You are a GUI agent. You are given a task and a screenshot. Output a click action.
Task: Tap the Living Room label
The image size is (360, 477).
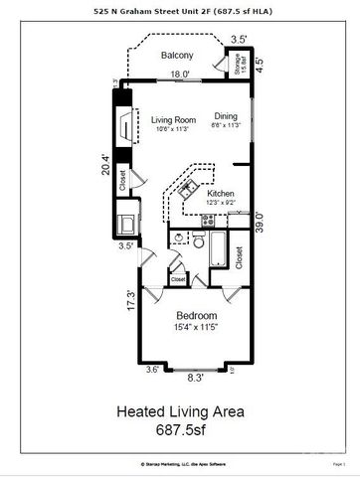(172, 120)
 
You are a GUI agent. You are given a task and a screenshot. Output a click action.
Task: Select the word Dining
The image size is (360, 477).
(226, 116)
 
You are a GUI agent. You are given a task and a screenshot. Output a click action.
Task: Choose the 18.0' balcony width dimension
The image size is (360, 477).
(179, 75)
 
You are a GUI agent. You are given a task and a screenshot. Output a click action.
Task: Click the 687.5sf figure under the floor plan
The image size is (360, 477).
(180, 431)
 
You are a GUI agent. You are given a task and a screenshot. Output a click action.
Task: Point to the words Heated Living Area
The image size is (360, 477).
(180, 409)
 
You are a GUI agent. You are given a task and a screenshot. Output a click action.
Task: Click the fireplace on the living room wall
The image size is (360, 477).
(123, 126)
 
